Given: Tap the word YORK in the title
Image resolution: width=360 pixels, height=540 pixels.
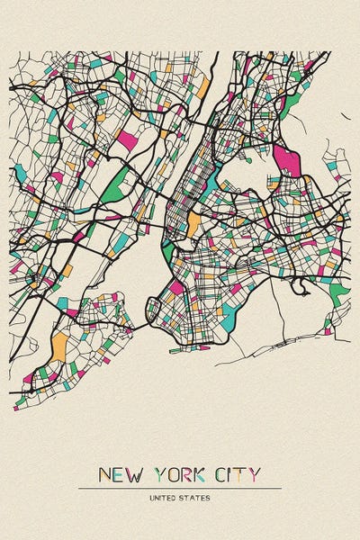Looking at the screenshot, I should (180, 475).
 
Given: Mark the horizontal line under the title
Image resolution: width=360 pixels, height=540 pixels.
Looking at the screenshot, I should (180, 489).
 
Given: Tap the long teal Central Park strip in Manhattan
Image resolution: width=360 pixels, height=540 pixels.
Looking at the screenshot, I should (211, 184).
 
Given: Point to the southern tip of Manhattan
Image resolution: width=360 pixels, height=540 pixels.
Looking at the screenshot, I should (165, 246).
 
